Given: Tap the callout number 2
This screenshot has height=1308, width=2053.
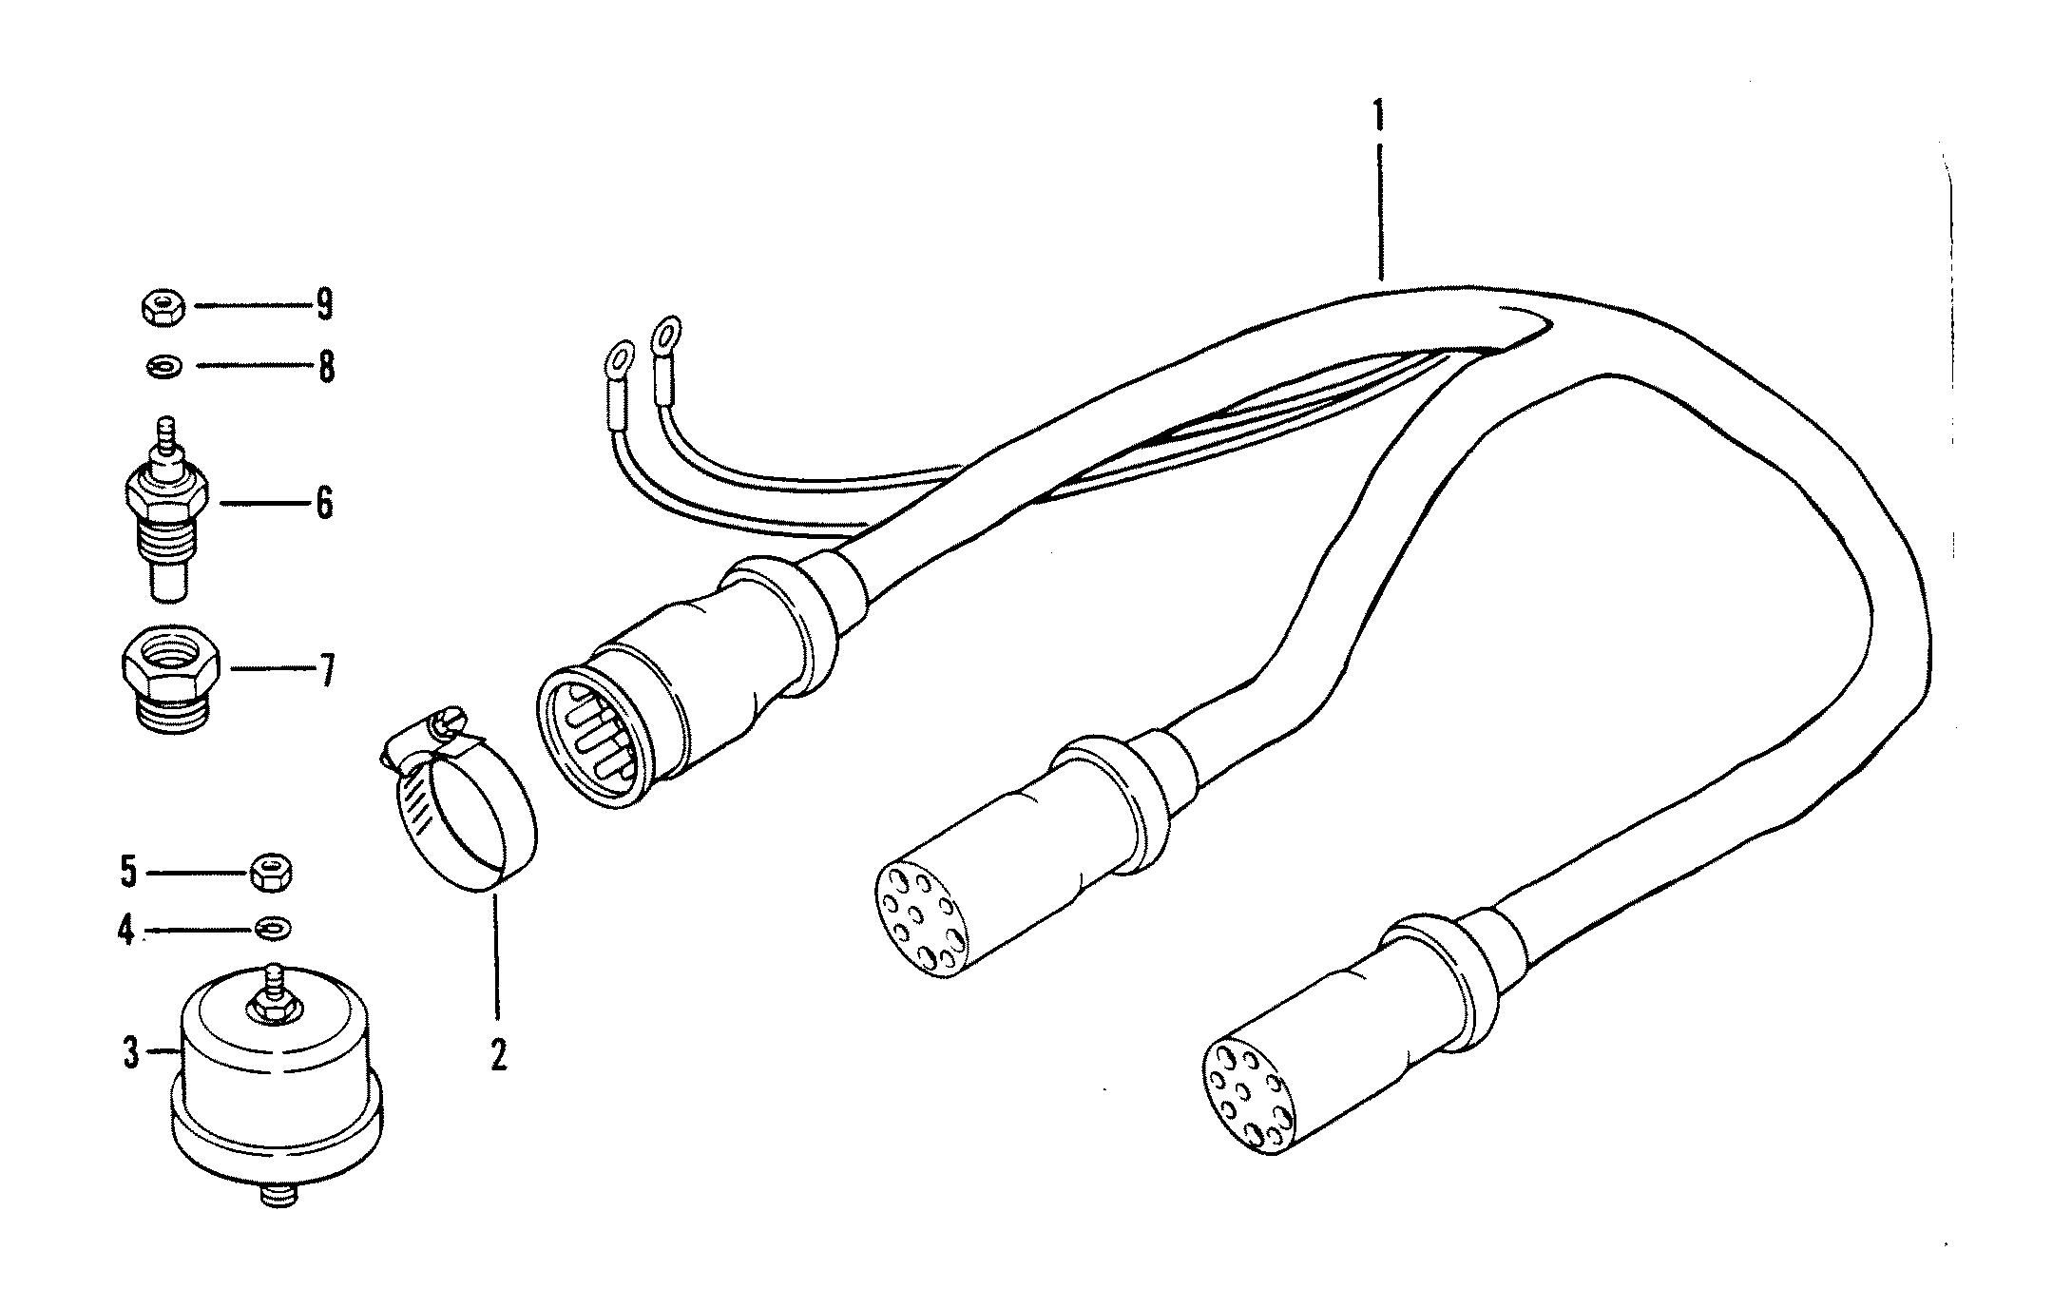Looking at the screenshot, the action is pyautogui.click(x=498, y=1055).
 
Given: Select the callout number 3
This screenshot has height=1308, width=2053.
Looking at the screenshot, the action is pyautogui.click(x=131, y=1053).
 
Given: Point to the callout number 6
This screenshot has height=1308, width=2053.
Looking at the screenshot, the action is pyautogui.click(x=325, y=503).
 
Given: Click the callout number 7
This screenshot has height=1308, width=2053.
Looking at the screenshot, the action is pyautogui.click(x=326, y=671).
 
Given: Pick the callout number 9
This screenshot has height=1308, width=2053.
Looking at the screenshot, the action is pyautogui.click(x=325, y=305).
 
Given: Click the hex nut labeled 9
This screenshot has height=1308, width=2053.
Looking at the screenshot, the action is pyautogui.click(x=163, y=308).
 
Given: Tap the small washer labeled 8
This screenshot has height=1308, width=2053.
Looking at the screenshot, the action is pyautogui.click(x=164, y=366).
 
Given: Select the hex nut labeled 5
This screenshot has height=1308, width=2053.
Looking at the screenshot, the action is pyautogui.click(x=272, y=872).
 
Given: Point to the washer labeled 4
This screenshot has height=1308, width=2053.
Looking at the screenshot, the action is pyautogui.click(x=274, y=927).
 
